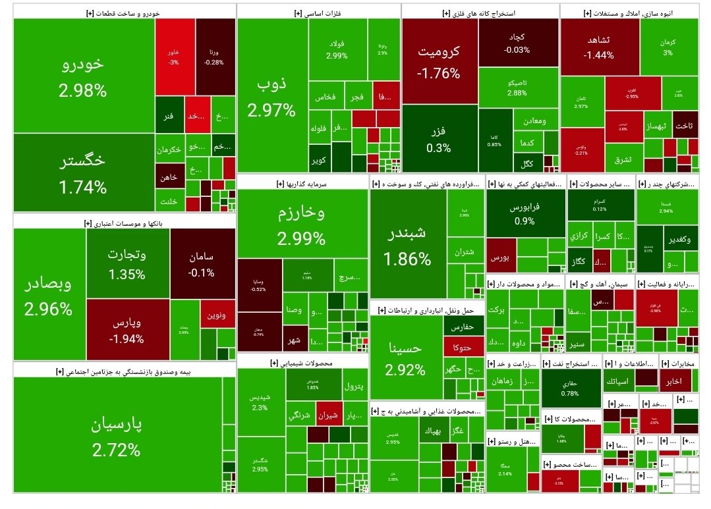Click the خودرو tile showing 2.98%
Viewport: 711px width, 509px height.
pyautogui.click(x=83, y=76)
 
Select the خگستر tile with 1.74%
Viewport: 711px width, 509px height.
pyautogui.click(x=83, y=173)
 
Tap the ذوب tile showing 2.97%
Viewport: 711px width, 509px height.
pyautogui.click(x=271, y=95)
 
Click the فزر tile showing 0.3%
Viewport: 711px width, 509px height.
pyautogui.click(x=439, y=138)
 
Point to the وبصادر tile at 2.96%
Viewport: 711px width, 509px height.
pyautogui.click(x=48, y=295)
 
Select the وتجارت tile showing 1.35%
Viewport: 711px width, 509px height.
pyautogui.click(x=127, y=263)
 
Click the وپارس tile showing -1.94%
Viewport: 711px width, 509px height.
pyautogui.click(x=127, y=330)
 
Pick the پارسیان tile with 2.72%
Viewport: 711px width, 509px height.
pyautogui.click(x=117, y=436)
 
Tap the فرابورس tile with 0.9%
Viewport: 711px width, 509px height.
pyautogui.click(x=525, y=213)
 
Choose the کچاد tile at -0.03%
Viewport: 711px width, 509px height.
pyautogui.click(x=517, y=43)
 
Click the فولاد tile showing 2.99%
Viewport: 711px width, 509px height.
pyautogui.click(x=337, y=49)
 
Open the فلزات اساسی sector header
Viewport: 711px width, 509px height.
pyautogui.click(x=318, y=13)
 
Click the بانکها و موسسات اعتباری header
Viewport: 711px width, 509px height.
pyautogui.click(x=125, y=223)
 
